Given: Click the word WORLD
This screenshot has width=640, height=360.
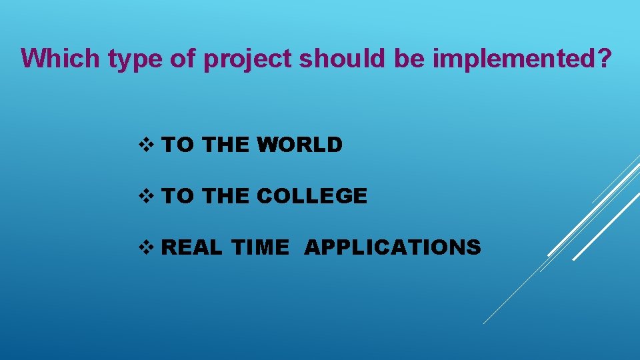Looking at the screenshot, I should (x=300, y=145).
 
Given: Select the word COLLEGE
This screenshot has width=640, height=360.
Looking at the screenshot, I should (x=312, y=196).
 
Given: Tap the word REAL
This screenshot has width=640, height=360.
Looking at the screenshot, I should (x=193, y=247).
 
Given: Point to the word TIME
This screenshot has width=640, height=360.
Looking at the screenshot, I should (x=261, y=247).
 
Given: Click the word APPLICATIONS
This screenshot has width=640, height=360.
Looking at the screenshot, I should (x=392, y=247).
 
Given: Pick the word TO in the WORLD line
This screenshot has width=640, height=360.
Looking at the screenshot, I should (x=178, y=145).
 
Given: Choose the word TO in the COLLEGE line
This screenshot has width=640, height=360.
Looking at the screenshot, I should (x=178, y=196).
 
